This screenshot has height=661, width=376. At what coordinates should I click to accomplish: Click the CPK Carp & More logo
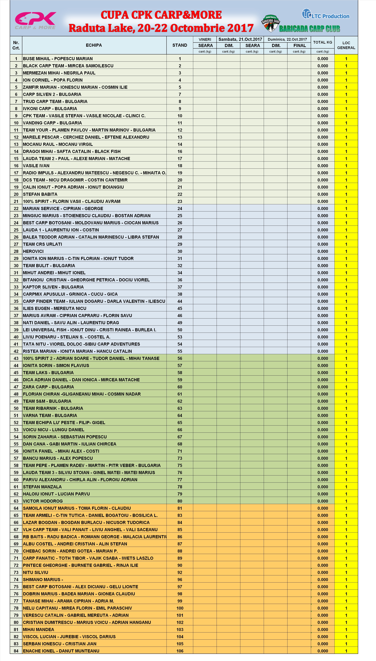35,20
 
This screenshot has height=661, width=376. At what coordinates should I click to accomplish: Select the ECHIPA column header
94,45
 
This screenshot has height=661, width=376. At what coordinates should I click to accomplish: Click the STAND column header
180,45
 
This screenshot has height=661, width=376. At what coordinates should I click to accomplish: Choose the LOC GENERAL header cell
346,45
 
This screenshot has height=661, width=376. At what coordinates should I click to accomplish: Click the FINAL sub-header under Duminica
299,45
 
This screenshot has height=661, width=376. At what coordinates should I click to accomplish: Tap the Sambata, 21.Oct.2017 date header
240,39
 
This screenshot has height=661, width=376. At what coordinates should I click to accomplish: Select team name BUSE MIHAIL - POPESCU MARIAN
58,59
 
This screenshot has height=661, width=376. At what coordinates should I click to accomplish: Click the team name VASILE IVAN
36,166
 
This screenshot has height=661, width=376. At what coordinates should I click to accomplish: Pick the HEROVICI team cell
33,251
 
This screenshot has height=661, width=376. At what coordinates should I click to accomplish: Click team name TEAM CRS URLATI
43,244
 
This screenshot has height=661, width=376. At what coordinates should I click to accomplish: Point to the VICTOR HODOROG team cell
43,501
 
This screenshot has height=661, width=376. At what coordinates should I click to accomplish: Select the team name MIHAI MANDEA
38,629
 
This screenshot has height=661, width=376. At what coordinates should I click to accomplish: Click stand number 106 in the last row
180,651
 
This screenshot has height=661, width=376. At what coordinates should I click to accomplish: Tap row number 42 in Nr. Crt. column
16,351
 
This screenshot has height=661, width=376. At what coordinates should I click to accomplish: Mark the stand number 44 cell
180,301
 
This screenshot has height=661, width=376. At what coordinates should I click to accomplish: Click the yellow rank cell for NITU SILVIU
346,572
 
